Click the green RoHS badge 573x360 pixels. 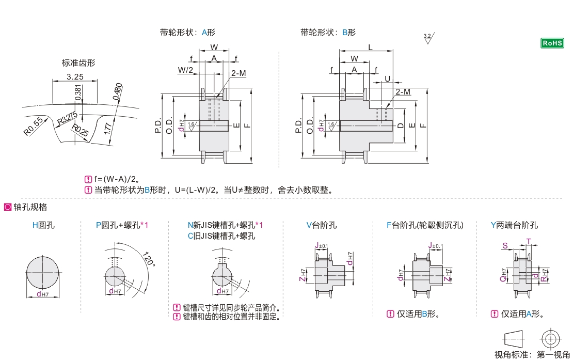tap(551, 43)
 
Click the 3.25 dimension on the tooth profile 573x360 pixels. tap(75, 77)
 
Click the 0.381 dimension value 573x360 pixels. tap(78, 91)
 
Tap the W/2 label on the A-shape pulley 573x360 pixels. tap(185, 70)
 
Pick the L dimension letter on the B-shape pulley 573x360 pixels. tap(370, 47)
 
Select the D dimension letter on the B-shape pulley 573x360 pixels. tap(401, 125)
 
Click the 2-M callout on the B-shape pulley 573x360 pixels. tap(403, 92)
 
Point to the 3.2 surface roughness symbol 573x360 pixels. tap(428, 38)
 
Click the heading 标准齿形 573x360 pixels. tap(78, 63)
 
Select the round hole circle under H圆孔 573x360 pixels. tap(43, 273)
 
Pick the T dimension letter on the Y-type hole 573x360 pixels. tap(528, 241)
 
